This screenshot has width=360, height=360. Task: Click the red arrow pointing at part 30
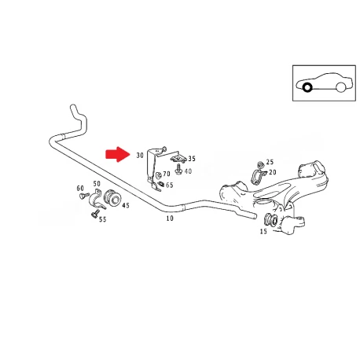pyautogui.click(x=118, y=154)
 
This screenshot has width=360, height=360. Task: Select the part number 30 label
pyautogui.click(x=140, y=156)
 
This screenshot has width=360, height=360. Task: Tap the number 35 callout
pyautogui.click(x=192, y=159)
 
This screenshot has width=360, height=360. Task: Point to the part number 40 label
pyautogui.click(x=188, y=171)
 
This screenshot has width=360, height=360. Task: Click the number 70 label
pyautogui.click(x=167, y=174)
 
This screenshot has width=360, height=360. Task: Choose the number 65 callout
pyautogui.click(x=170, y=186)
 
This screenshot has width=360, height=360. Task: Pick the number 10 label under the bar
pyautogui.click(x=170, y=219)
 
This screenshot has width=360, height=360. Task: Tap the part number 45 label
pyautogui.click(x=126, y=205)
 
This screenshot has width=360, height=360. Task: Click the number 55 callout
pyautogui.click(x=103, y=219)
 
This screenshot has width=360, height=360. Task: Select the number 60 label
pyautogui.click(x=80, y=189)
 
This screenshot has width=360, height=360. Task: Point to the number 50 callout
pyautogui.click(x=97, y=184)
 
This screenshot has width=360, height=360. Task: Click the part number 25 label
pyautogui.click(x=270, y=162)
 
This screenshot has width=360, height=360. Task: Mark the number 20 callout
pyautogui.click(x=273, y=172)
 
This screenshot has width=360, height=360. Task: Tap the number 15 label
pyautogui.click(x=263, y=232)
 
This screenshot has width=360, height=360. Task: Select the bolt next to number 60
pyautogui.click(x=84, y=196)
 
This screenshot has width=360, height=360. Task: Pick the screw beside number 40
pyautogui.click(x=179, y=170)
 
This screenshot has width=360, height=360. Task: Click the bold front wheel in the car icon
pyautogui.click(x=307, y=87)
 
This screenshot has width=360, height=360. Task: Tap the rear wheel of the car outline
pyautogui.click(x=340, y=87)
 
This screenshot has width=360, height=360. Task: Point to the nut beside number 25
pyautogui.click(x=260, y=165)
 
